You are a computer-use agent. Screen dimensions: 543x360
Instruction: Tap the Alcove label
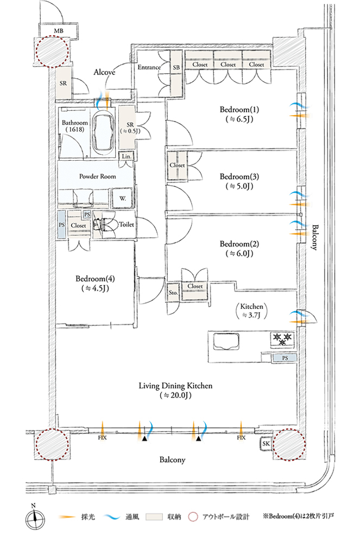tap(103, 72)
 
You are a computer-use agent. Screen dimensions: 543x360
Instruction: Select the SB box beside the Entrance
tap(176, 67)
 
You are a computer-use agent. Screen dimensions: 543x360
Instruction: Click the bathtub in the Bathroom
tap(103, 132)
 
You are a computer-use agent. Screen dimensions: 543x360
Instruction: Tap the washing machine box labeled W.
tap(122, 198)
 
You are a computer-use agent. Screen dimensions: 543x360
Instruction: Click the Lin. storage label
tap(126, 156)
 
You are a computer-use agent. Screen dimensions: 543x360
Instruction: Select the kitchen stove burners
tap(282, 340)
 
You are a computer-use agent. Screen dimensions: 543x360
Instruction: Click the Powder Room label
tap(96, 176)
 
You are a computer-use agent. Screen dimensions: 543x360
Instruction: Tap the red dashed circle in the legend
tap(194, 516)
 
